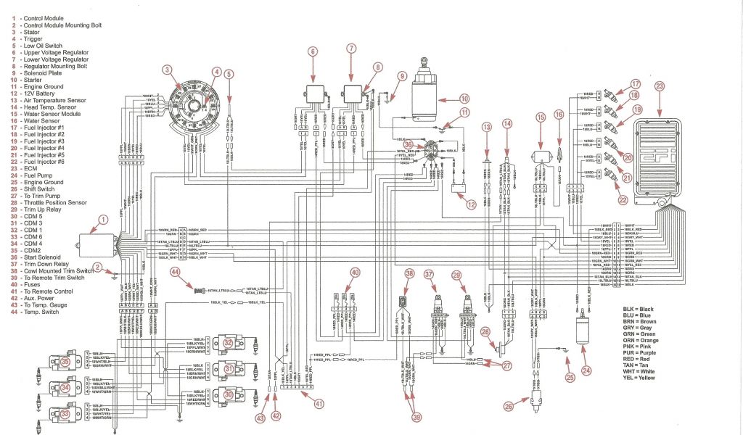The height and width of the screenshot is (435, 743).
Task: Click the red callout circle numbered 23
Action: point(659,86)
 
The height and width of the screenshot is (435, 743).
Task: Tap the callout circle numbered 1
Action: point(102,218)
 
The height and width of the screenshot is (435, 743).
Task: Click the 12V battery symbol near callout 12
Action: point(459,191)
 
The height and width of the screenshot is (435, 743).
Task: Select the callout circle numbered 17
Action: point(634,83)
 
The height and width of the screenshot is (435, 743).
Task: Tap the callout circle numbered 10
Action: point(464,98)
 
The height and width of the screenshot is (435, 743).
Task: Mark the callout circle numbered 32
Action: point(229,343)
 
